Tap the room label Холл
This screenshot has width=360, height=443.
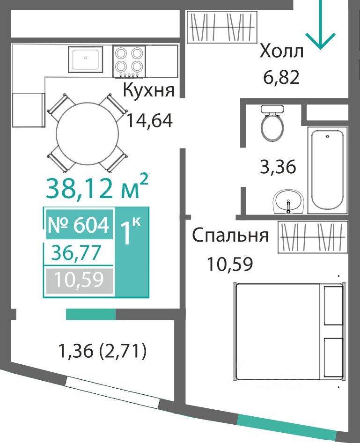click(281, 51)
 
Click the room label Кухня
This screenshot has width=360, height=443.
click(149, 90)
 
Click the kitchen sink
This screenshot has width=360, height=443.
click(85, 59)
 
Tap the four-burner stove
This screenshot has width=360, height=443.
click(129, 61)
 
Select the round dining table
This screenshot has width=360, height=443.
click(88, 133)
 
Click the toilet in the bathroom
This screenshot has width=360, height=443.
click(272, 123)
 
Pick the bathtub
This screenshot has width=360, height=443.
click(328, 170)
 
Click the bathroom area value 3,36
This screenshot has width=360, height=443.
click(278, 166)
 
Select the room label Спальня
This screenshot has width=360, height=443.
click(230, 236)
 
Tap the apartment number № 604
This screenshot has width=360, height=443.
click(79, 225)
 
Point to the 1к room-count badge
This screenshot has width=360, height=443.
click(132, 252)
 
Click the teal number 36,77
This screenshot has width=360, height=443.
click(76, 252)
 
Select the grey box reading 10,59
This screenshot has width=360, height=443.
click(79, 281)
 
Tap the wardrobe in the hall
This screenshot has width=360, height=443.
click(222, 27)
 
